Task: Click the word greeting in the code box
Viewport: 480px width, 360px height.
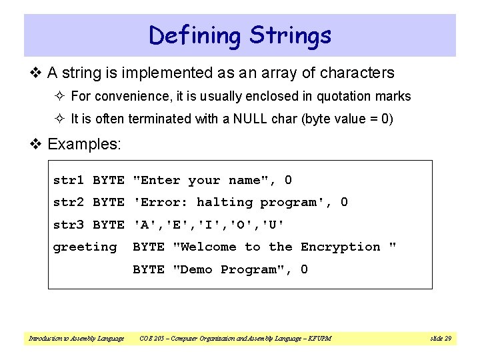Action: pyautogui.click(x=85, y=247)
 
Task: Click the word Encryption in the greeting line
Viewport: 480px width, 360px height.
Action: pyautogui.click(x=340, y=247)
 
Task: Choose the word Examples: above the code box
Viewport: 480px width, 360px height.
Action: pyautogui.click(x=85, y=143)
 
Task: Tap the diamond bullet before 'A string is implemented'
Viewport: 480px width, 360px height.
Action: pyautogui.click(x=38, y=73)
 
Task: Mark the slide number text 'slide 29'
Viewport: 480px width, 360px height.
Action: pyautogui.click(x=440, y=339)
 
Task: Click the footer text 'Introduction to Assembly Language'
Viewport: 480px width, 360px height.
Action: pyautogui.click(x=76, y=339)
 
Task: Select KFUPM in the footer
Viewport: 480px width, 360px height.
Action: pyautogui.click(x=319, y=339)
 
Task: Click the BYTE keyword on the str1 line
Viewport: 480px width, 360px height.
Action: pyautogui.click(x=108, y=180)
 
